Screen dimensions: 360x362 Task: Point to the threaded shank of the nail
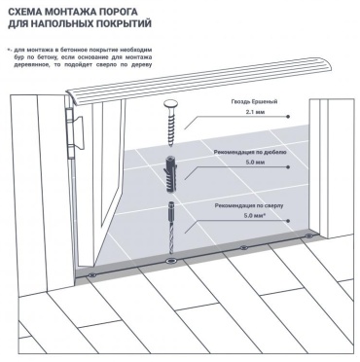click(170, 127)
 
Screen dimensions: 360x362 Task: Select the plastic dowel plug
click(169, 175)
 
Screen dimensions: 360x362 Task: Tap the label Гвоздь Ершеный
click(254, 102)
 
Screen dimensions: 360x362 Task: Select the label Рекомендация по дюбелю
click(250, 152)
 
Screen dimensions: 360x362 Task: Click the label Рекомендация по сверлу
click(249, 205)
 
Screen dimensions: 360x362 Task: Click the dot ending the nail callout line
click(288, 116)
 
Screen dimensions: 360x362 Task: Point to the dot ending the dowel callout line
click(288, 167)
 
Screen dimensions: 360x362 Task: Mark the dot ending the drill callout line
click(288, 221)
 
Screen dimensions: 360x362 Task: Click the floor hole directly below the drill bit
click(170, 261)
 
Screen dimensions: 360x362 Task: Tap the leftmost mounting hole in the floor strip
click(92, 275)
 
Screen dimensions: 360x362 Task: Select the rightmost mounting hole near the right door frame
click(308, 235)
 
